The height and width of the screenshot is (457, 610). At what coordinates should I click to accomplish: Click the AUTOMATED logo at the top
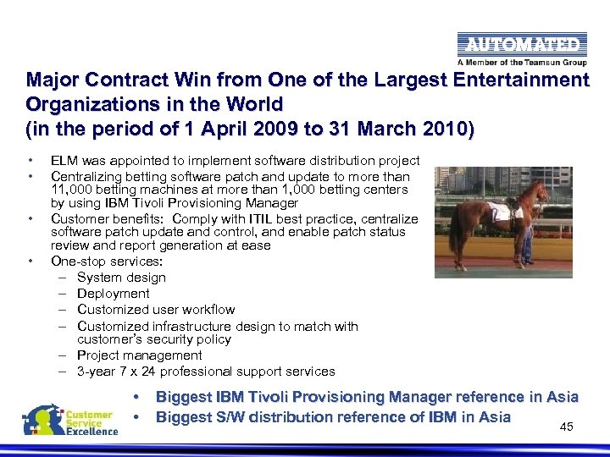(x=519, y=45)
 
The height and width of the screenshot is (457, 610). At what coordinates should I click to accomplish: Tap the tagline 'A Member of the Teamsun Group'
(x=519, y=62)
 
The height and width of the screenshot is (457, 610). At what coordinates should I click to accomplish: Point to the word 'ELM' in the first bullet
(x=64, y=161)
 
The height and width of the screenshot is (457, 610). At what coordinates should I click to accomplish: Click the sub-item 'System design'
(x=121, y=278)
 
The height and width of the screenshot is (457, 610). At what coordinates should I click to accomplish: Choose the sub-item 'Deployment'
(x=113, y=294)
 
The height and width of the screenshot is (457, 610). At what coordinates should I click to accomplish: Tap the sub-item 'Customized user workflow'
(x=156, y=310)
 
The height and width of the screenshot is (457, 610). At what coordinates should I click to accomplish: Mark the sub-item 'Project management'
(x=139, y=355)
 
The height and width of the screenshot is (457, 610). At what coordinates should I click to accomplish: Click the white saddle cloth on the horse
(x=502, y=210)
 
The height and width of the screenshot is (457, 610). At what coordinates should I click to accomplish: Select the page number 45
(x=567, y=427)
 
